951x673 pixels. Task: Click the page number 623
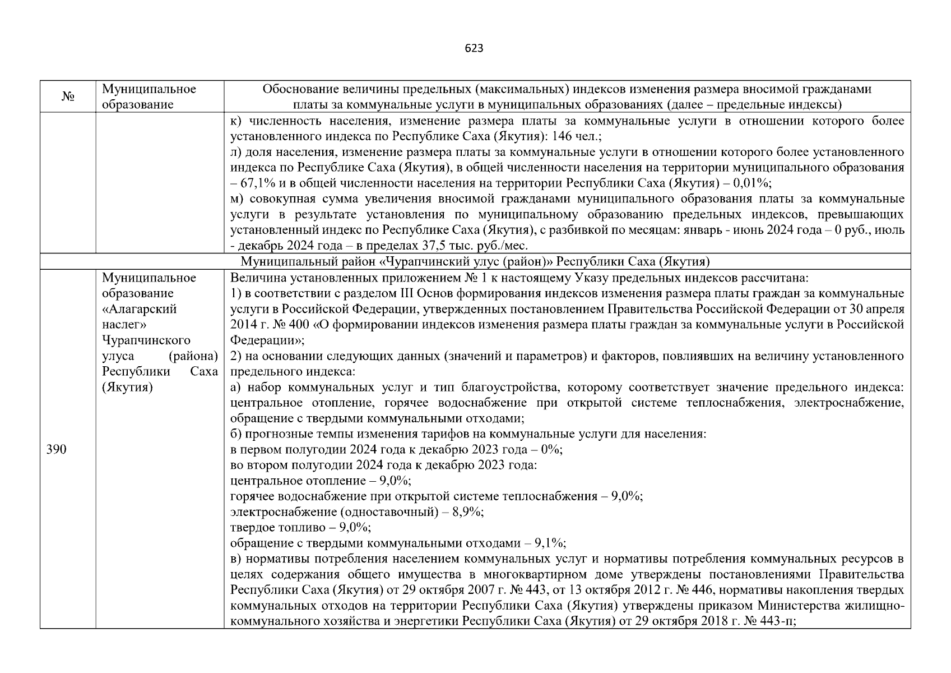[474, 48]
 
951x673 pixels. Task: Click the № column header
[68, 97]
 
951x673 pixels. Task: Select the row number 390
[56, 449]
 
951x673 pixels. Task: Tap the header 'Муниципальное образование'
[149, 96]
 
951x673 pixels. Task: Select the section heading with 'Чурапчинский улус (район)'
[475, 261]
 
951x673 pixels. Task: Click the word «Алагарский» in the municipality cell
[139, 309]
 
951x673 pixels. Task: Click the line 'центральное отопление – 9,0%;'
[321, 481]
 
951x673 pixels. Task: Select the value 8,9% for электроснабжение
[469, 511]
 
